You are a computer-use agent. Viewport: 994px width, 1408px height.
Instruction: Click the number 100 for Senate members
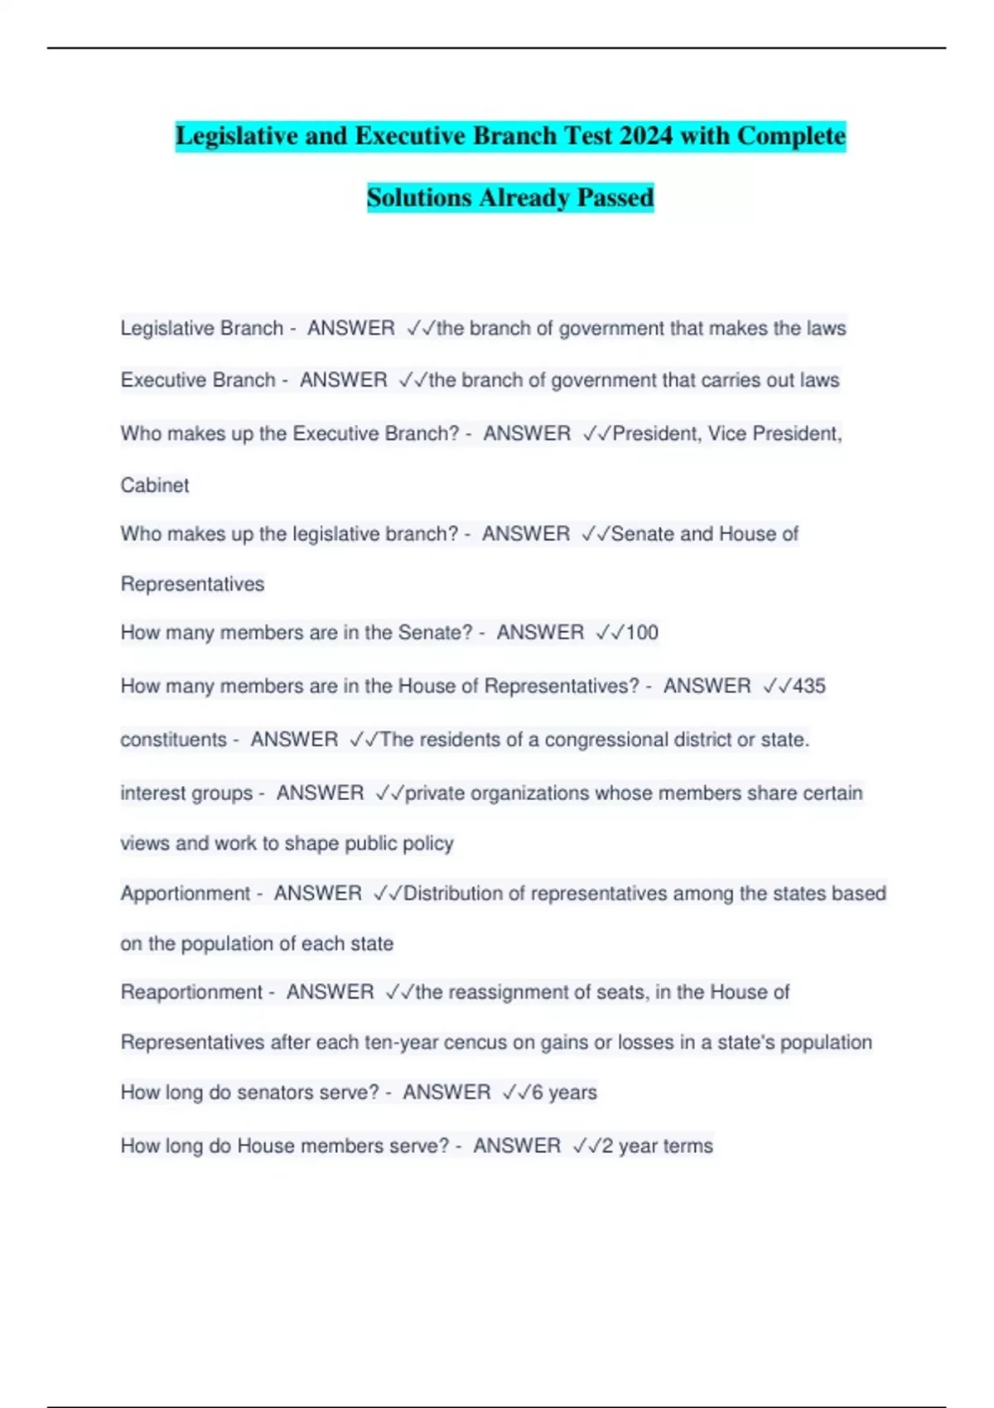coord(642,633)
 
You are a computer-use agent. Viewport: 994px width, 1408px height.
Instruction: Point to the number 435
coord(809,686)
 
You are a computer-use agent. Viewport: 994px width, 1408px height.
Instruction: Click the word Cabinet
coord(155,485)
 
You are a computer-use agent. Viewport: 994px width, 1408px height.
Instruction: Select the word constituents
coord(173,740)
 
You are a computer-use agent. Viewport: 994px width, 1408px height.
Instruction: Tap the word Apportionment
coord(185,894)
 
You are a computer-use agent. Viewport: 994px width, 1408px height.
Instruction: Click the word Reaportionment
coord(191,992)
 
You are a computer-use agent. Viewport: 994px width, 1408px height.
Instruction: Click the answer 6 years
coord(563,1092)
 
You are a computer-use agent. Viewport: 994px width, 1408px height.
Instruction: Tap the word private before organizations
coord(435,793)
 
